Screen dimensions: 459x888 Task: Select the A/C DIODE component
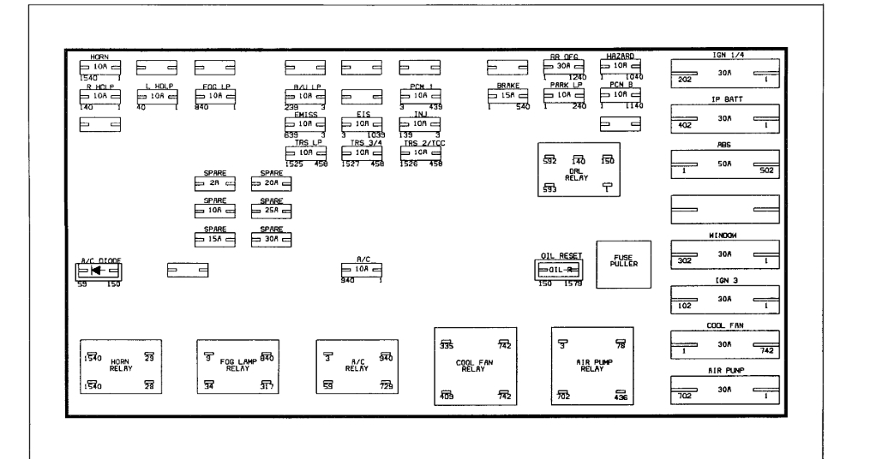click(x=98, y=271)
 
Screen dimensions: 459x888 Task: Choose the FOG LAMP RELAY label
click(x=238, y=367)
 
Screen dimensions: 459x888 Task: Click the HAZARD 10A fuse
click(x=619, y=65)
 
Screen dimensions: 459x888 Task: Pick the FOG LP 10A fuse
click(x=214, y=97)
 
